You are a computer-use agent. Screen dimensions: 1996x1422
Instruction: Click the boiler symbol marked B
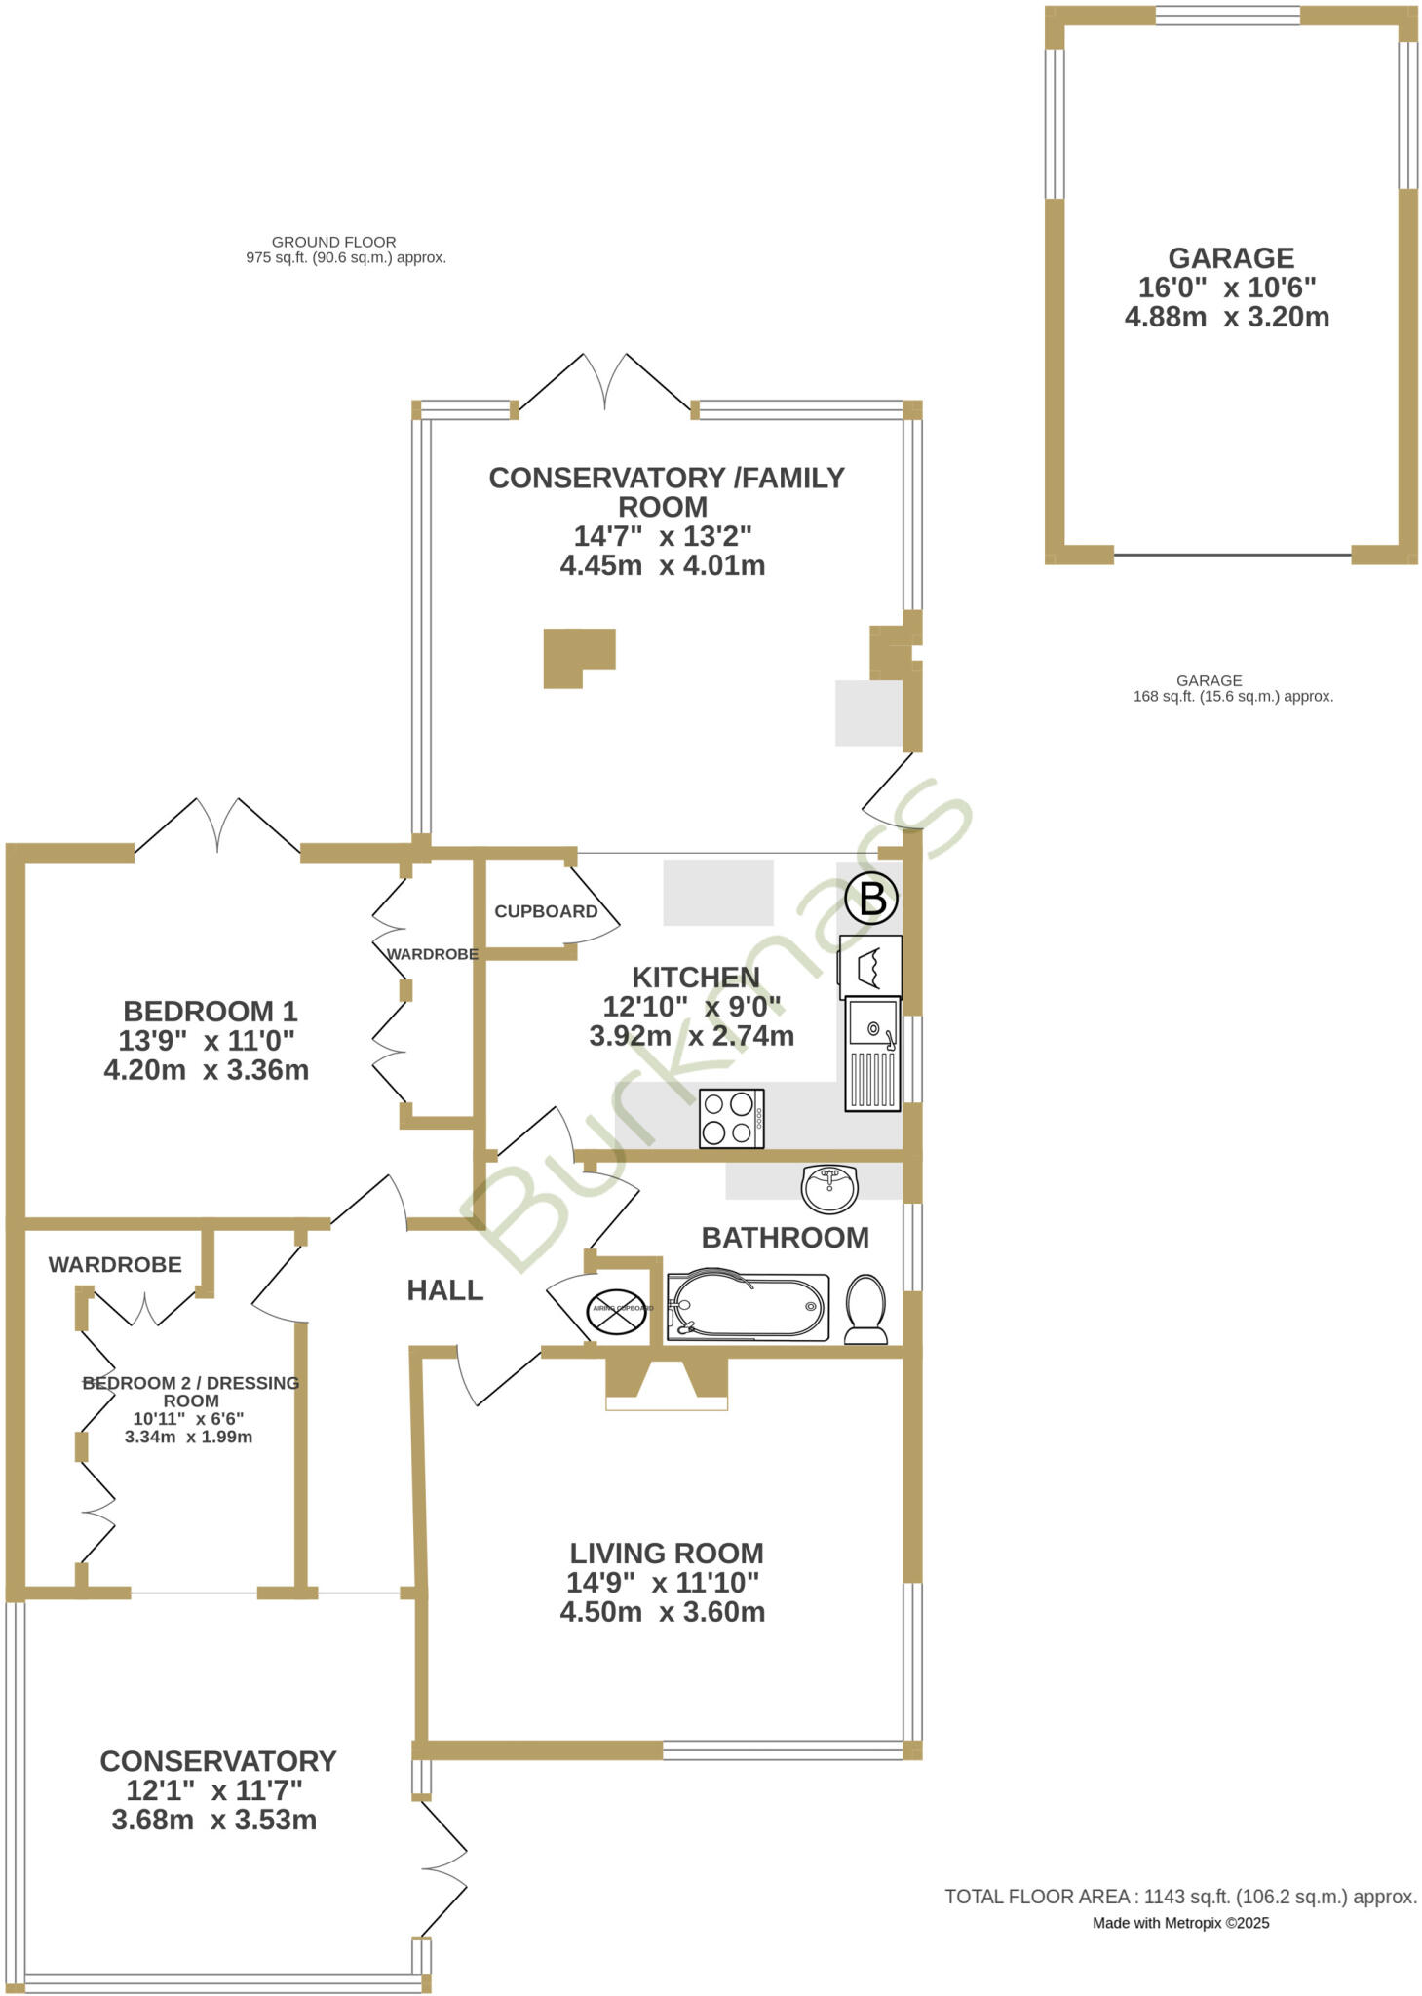[x=871, y=898]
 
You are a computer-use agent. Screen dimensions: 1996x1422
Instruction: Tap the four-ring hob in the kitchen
[x=732, y=1118]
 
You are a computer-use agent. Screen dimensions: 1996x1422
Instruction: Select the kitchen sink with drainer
[x=872, y=1054]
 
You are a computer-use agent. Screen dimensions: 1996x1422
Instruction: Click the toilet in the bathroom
[x=865, y=1309]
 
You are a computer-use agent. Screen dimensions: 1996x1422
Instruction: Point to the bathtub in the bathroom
[x=748, y=1307]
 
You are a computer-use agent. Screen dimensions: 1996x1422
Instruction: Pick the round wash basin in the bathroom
[x=828, y=1188]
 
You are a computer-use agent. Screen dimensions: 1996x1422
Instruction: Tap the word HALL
[x=445, y=1290]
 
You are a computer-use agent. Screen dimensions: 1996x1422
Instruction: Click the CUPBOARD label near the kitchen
[x=546, y=911]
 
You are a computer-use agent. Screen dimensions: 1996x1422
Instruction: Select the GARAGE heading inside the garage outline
[x=1231, y=258]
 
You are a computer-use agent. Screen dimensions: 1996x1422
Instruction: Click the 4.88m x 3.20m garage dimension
[x=1227, y=317]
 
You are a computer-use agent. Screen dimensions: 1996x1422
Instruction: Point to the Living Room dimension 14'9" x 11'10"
[x=663, y=1582]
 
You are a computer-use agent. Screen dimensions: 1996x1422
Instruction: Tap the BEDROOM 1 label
[x=211, y=1011]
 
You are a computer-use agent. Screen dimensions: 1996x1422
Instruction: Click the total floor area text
[x=1180, y=1897]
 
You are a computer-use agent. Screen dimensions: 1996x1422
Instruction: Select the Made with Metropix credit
[x=1180, y=1923]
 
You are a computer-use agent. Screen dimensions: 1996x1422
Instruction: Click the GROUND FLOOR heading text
[x=333, y=242]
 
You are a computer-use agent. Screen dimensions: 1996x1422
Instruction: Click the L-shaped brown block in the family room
[x=574, y=656]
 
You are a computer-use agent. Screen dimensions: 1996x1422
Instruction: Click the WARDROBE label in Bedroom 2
[x=115, y=1265]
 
